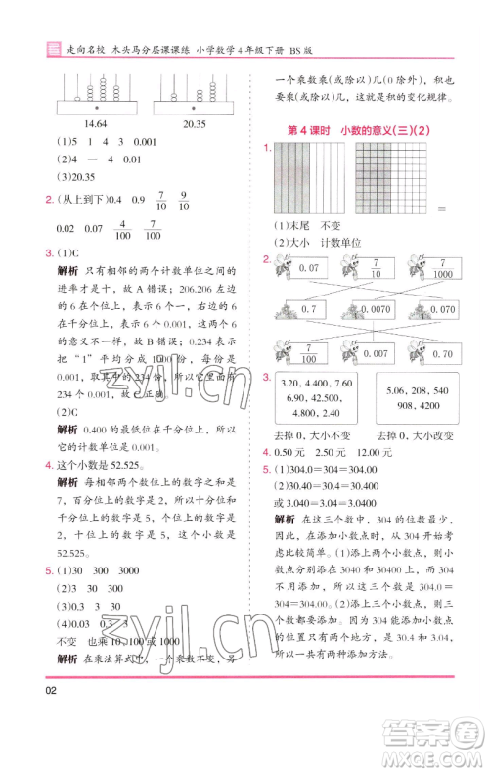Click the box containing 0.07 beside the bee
(x=310, y=268)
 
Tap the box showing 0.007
(x=376, y=352)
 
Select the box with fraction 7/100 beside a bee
(x=310, y=352)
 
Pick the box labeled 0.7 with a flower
(x=310, y=309)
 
